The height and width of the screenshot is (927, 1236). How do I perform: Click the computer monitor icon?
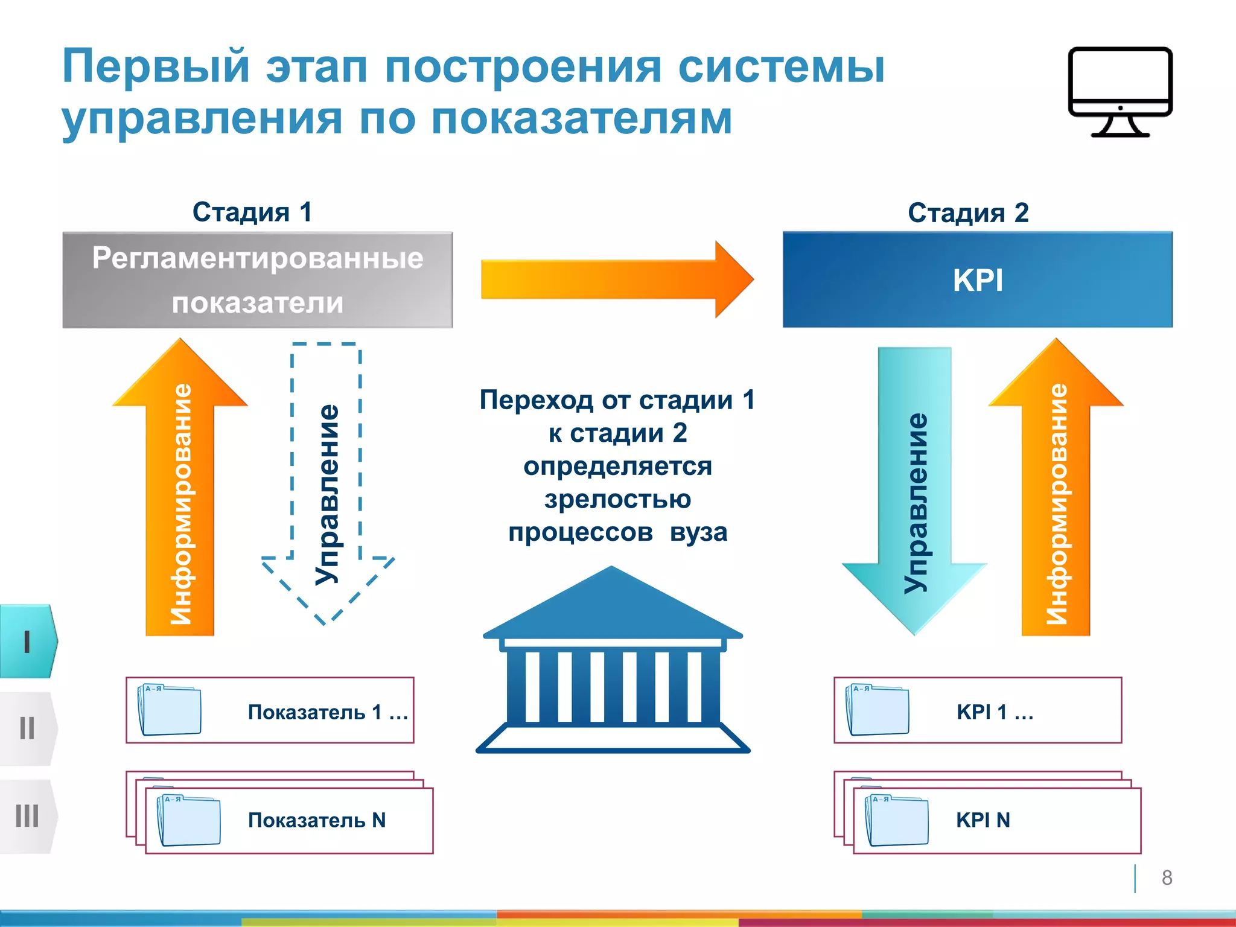[x=1120, y=91]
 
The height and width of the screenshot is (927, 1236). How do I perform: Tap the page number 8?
[x=1167, y=878]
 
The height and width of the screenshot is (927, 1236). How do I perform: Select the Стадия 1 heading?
[x=252, y=212]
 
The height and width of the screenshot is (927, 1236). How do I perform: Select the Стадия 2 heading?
[x=968, y=212]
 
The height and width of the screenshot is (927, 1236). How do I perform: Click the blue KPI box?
[x=978, y=280]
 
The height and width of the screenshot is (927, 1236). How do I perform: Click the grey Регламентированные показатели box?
[x=258, y=280]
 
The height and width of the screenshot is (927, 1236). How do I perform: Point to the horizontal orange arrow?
[x=616, y=279]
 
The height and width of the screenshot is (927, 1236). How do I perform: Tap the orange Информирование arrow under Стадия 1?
[x=180, y=501]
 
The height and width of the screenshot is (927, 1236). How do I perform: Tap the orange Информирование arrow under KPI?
[x=1056, y=501]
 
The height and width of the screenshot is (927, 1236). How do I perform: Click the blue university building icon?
[x=613, y=664]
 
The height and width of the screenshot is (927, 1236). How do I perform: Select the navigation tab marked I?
[x=27, y=642]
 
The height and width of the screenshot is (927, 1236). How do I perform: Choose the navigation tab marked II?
[x=27, y=728]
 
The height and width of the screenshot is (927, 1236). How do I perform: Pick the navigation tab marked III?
[x=27, y=816]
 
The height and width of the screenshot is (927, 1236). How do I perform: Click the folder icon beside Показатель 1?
[x=170, y=710]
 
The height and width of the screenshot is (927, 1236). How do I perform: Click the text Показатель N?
[x=317, y=820]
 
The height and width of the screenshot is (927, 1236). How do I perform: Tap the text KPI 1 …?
[x=995, y=712]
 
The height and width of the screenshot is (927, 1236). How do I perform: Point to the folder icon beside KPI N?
[x=897, y=820]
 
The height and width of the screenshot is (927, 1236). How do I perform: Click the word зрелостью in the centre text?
[x=617, y=499]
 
